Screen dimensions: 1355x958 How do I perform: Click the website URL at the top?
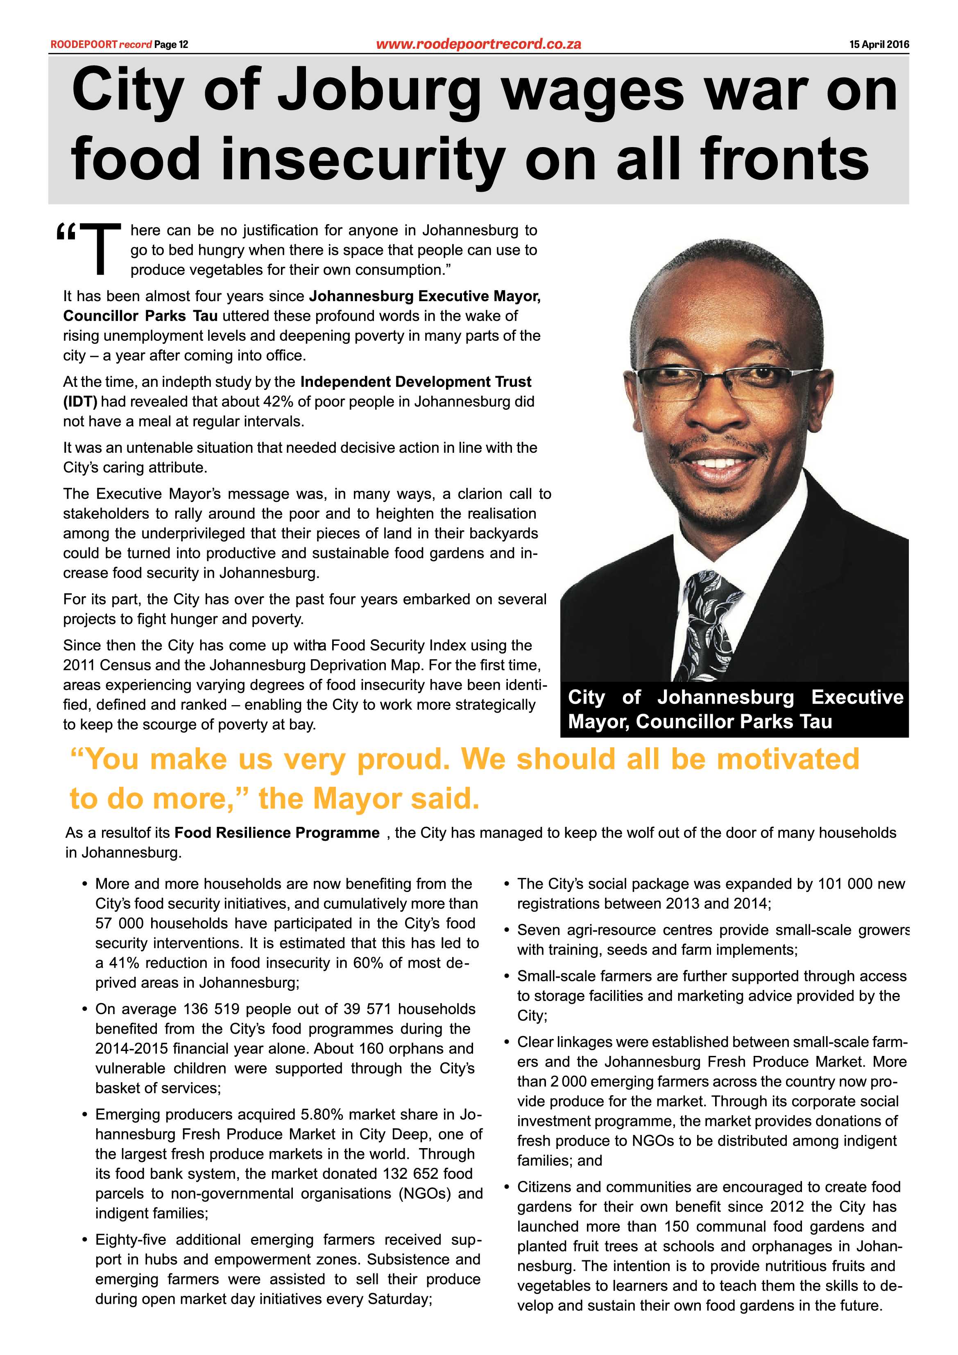[478, 44]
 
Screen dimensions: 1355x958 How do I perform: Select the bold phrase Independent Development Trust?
[416, 382]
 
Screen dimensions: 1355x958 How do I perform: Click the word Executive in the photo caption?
[857, 697]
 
